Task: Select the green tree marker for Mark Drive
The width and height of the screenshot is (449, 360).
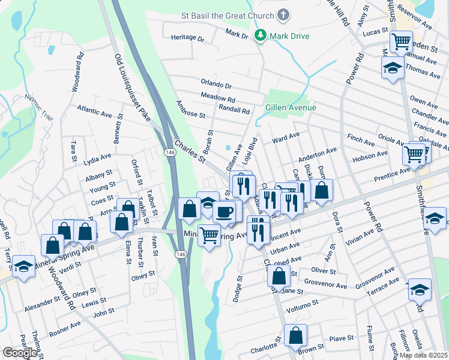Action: (x=261, y=36)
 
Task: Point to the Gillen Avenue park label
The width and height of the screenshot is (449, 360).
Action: (x=291, y=107)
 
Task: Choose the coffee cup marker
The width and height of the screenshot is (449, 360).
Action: (x=225, y=211)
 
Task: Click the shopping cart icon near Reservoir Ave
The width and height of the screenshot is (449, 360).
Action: (x=400, y=43)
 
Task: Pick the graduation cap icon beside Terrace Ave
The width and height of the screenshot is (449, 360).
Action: (x=420, y=290)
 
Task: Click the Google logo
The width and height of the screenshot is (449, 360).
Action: (x=20, y=353)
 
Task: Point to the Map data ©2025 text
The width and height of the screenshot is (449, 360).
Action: (x=423, y=355)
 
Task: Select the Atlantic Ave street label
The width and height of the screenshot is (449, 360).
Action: (x=94, y=111)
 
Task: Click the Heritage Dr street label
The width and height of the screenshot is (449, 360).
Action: (x=187, y=37)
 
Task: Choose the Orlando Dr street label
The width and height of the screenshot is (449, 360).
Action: (x=216, y=85)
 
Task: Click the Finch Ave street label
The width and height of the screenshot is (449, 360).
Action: (x=360, y=139)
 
